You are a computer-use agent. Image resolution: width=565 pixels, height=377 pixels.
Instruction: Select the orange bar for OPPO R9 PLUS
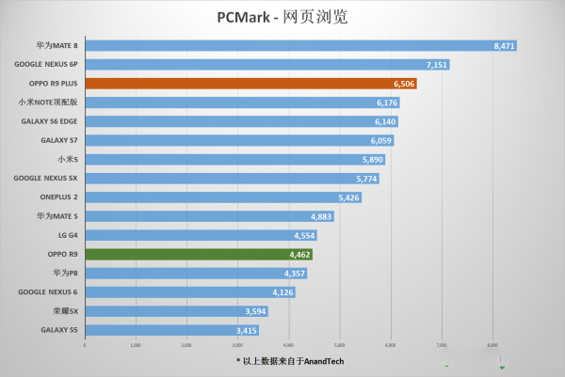(250, 84)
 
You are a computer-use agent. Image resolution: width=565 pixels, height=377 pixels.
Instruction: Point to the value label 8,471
(503, 45)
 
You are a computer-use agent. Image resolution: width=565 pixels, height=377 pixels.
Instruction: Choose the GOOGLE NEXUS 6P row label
(46, 64)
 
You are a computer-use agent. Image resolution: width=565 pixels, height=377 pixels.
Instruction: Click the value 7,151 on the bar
(436, 65)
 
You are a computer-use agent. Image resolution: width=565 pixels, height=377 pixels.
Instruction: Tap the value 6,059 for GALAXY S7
(380, 140)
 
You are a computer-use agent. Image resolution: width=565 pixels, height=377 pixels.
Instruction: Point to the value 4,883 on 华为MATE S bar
(321, 216)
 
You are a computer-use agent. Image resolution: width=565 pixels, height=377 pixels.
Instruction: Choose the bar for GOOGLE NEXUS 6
(189, 292)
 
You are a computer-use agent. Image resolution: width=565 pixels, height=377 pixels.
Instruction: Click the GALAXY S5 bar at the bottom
(170, 330)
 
